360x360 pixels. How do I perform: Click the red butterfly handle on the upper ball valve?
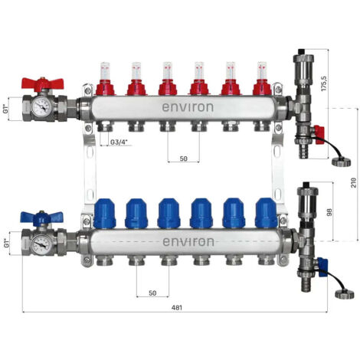(x=42, y=83)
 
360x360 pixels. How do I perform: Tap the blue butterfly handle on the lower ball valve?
(x=41, y=218)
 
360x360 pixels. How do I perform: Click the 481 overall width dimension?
(x=177, y=308)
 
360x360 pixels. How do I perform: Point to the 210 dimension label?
(x=353, y=183)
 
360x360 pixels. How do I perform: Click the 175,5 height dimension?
(x=324, y=83)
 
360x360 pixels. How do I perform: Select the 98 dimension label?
(x=329, y=212)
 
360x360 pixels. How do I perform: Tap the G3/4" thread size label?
(x=119, y=142)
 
